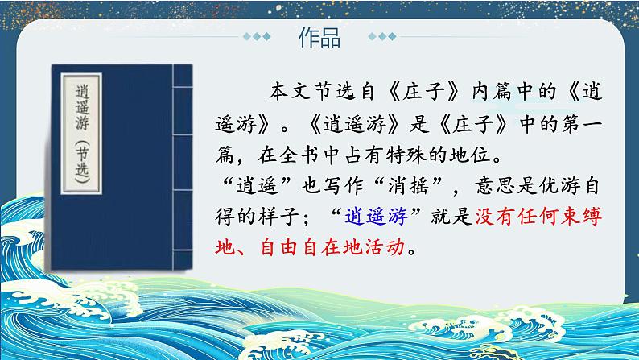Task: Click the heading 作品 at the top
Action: (319, 38)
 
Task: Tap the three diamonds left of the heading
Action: (257, 37)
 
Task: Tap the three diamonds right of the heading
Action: (382, 37)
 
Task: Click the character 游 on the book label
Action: (82, 122)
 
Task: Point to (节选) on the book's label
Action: (82, 162)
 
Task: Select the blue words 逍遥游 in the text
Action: (376, 217)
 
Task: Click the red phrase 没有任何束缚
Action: (538, 217)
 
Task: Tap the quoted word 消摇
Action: (408, 186)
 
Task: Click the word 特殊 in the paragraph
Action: (406, 155)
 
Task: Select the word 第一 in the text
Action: (582, 124)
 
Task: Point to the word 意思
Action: (496, 186)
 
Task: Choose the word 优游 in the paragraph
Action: (559, 186)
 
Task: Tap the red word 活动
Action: (385, 247)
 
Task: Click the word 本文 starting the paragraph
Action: (291, 92)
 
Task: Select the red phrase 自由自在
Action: (301, 247)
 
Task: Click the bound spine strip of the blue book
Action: (183, 168)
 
